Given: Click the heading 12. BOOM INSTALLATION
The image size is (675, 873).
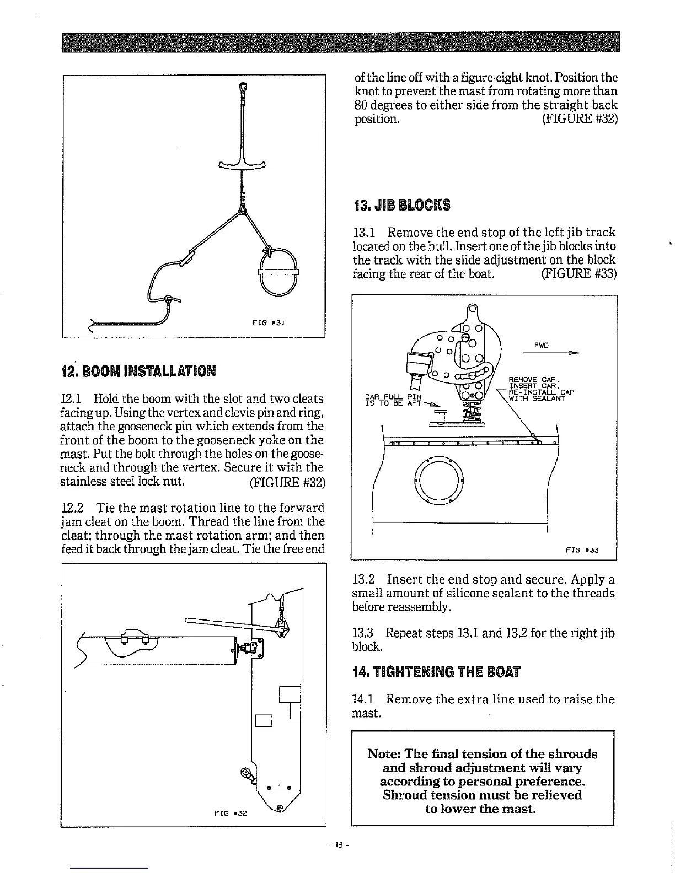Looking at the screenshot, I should point(138,369).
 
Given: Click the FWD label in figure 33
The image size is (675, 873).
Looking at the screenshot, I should point(541,346).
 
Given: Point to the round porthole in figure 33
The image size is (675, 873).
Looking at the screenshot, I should point(439,479).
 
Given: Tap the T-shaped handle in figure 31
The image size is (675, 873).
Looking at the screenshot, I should point(242,163).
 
